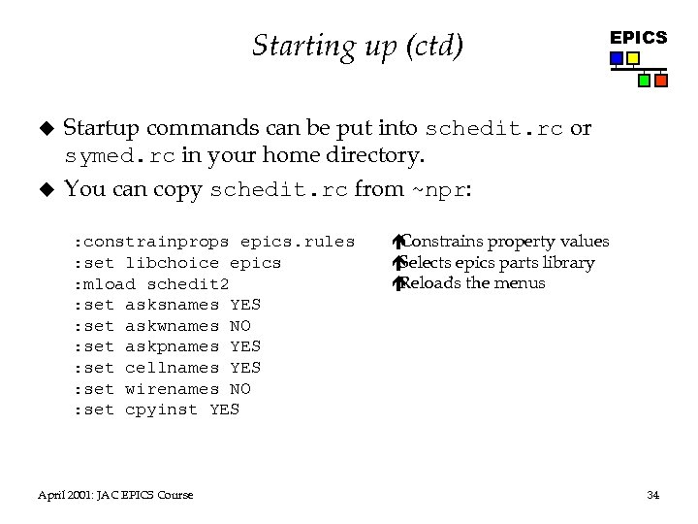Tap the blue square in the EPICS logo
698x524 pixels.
(x=617, y=58)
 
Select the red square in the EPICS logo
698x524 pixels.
(x=660, y=81)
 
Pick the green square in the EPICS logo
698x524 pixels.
(x=644, y=81)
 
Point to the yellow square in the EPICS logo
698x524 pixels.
(x=633, y=58)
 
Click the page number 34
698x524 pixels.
(x=652, y=496)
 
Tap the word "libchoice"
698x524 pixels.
(x=173, y=262)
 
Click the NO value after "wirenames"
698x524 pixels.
(x=240, y=388)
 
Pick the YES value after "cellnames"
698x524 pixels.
(x=245, y=367)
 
